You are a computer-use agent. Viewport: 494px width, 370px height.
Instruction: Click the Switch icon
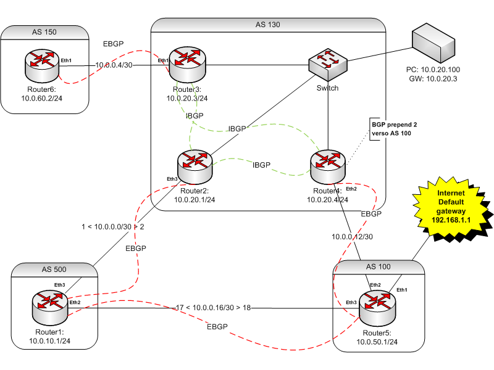point(328,62)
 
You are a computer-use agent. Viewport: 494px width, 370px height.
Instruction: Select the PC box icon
point(433,42)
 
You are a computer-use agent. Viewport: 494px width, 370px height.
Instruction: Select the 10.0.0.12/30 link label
point(353,236)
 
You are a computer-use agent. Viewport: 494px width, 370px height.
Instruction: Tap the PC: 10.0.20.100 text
point(435,70)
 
